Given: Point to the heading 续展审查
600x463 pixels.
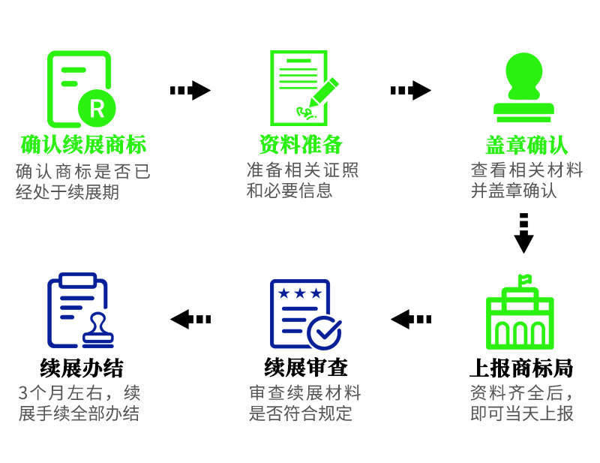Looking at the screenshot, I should click(x=306, y=368).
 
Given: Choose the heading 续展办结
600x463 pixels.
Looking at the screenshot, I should click(x=82, y=368).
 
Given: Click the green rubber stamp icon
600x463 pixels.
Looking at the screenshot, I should click(x=523, y=88).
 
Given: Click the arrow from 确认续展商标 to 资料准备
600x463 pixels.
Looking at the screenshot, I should click(x=190, y=91).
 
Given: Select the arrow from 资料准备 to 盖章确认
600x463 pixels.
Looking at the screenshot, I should click(x=411, y=91).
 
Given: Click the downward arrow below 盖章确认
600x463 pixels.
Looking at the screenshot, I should click(x=523, y=233).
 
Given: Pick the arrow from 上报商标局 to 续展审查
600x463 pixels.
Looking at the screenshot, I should click(x=411, y=319).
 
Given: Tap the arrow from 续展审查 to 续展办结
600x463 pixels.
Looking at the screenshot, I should click(x=190, y=319).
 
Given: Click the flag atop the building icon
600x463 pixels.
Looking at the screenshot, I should click(x=524, y=280).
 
